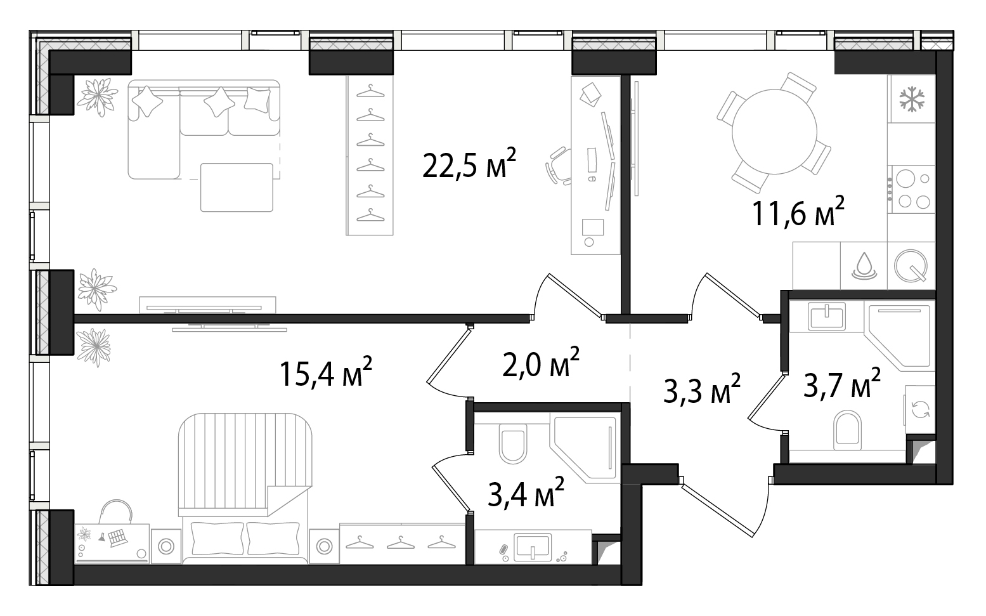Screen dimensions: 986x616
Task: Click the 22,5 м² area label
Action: point(469,163)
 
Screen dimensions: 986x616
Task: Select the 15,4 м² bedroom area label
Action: point(326,372)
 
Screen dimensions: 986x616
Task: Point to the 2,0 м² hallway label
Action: point(540,362)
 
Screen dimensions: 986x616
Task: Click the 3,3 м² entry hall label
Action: point(702,388)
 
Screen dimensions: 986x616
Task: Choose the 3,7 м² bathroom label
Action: point(842,384)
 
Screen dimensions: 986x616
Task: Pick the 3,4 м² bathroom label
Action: point(526,492)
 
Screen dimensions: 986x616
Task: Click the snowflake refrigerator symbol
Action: point(912,99)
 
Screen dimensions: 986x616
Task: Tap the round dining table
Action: point(774,132)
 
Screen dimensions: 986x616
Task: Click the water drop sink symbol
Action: point(864,266)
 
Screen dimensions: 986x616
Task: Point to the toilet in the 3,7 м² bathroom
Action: point(847,430)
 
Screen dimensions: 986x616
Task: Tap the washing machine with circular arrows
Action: point(920,409)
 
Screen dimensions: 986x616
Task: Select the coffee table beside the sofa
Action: point(237,188)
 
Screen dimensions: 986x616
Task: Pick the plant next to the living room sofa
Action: point(97,97)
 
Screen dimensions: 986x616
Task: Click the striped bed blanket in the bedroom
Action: point(245,464)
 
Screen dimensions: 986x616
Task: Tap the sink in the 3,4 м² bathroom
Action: point(533,547)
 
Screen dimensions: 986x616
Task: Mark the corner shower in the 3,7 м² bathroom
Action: point(898,336)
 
